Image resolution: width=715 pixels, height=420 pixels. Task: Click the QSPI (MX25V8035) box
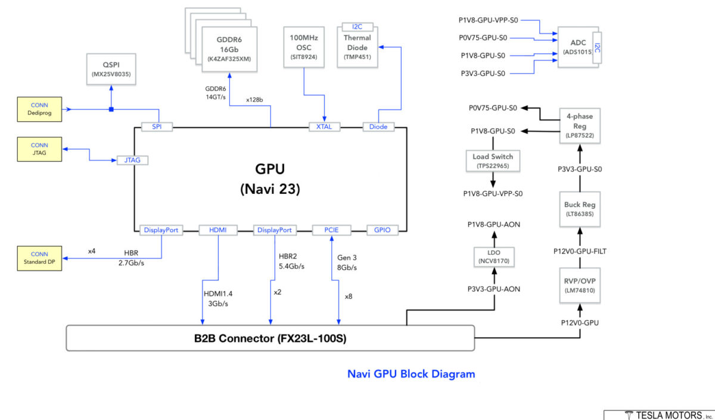(x=111, y=69)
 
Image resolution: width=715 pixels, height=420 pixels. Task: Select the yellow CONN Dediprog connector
(x=39, y=109)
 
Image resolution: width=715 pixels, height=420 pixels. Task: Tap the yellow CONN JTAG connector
(x=39, y=149)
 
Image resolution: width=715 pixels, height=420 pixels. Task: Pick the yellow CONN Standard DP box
(x=39, y=258)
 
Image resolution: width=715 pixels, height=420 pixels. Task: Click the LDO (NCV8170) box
(x=493, y=257)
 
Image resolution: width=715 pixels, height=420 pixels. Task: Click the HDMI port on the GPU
(x=217, y=230)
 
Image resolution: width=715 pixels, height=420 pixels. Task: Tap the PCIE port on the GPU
(x=331, y=230)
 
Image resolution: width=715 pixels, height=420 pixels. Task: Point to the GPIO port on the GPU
(x=382, y=230)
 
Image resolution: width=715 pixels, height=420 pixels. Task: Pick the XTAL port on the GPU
(x=324, y=126)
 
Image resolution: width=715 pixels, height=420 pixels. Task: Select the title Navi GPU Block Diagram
(x=411, y=374)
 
